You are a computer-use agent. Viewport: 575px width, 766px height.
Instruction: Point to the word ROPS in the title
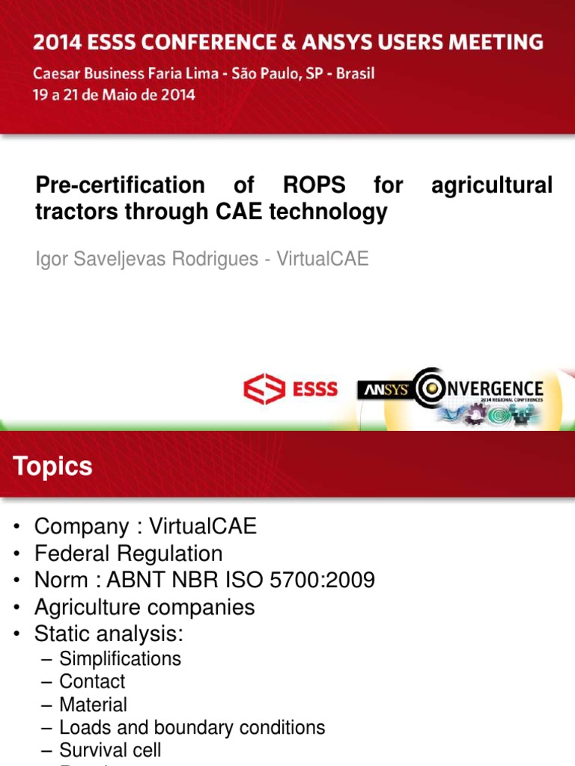(x=314, y=185)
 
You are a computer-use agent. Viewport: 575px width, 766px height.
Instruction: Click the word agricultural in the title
(x=492, y=185)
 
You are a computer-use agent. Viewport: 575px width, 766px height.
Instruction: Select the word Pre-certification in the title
(x=120, y=185)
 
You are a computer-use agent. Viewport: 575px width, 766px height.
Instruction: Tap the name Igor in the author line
(x=52, y=259)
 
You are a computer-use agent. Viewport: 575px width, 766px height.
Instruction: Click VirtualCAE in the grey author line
(x=323, y=259)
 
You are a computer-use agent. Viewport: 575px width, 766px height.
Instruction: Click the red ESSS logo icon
(x=264, y=389)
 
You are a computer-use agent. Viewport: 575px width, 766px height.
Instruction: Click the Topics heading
(x=52, y=467)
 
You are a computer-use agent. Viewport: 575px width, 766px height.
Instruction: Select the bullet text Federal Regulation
(x=129, y=554)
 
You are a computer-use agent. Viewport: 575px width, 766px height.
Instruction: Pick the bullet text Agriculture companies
(x=144, y=607)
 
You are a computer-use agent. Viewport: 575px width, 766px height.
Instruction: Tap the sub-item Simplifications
(x=120, y=659)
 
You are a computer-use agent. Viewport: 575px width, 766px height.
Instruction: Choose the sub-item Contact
(x=92, y=681)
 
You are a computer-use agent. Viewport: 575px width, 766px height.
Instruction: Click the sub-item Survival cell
(x=110, y=750)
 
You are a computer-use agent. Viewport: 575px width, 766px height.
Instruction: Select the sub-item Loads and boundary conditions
(x=192, y=727)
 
